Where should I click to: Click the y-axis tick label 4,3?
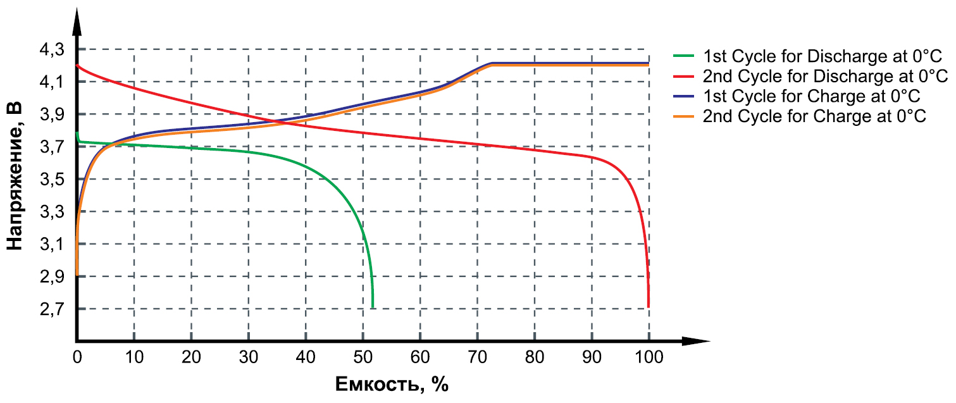[53, 49]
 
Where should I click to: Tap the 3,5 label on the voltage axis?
[53, 180]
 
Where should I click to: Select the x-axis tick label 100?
[649, 357]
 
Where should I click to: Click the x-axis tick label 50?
[363, 357]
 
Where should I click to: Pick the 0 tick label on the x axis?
[77, 357]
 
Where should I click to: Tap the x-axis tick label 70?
[478, 357]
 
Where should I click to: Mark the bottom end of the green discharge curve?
[373, 307]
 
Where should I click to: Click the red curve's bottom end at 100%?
[649, 306]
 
